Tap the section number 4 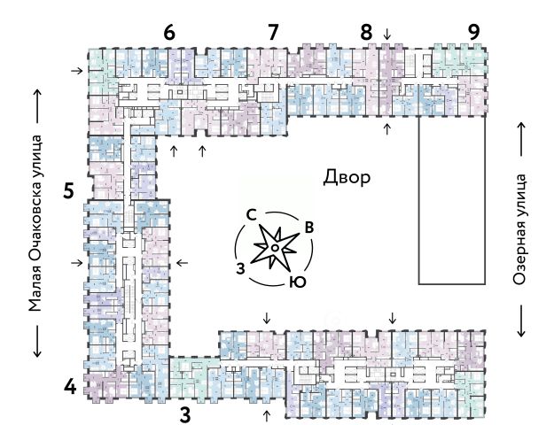(69, 386)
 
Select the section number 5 (68, 189)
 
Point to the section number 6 (168, 32)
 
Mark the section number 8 (366, 32)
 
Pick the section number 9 (474, 32)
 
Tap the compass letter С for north (252, 215)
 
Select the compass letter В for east (308, 228)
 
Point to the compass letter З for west (240, 267)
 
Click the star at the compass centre (275, 248)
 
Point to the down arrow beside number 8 (386, 35)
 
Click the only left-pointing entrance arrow (183, 262)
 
